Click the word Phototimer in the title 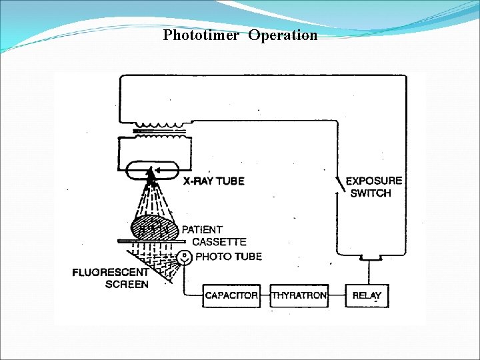[x=200, y=35]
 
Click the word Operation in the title [x=283, y=35]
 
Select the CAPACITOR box [x=231, y=295]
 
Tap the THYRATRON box [x=299, y=295]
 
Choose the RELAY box [x=367, y=295]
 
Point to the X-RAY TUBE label [x=213, y=181]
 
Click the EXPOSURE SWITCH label [x=373, y=187]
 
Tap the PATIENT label [x=202, y=230]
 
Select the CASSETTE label [x=219, y=242]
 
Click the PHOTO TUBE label [x=229, y=256]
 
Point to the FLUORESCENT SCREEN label [x=110, y=278]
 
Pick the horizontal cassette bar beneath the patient [x=150, y=242]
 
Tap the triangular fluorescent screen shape [x=150, y=263]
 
